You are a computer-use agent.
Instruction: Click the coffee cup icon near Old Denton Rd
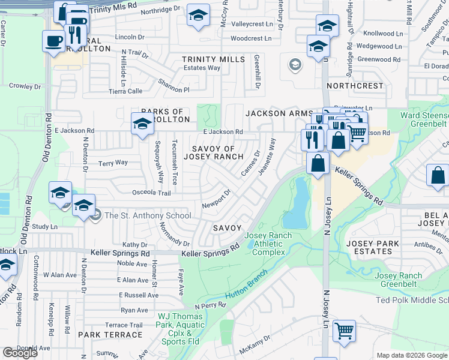click(x=54, y=41)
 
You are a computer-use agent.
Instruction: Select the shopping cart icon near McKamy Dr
click(x=344, y=331)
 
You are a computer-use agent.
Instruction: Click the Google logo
click(x=20, y=353)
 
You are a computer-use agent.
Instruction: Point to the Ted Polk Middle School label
click(x=412, y=300)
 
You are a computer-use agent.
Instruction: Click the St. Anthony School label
click(x=147, y=216)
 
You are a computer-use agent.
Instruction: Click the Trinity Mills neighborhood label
click(x=214, y=59)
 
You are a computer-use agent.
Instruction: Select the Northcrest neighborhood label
click(x=355, y=86)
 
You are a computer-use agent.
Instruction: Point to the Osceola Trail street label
click(x=152, y=193)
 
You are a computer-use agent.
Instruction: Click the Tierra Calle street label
click(x=125, y=91)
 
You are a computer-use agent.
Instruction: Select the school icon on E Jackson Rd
click(x=142, y=124)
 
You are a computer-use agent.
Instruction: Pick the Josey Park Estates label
click(x=373, y=248)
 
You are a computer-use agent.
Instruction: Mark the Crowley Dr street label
click(x=25, y=86)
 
